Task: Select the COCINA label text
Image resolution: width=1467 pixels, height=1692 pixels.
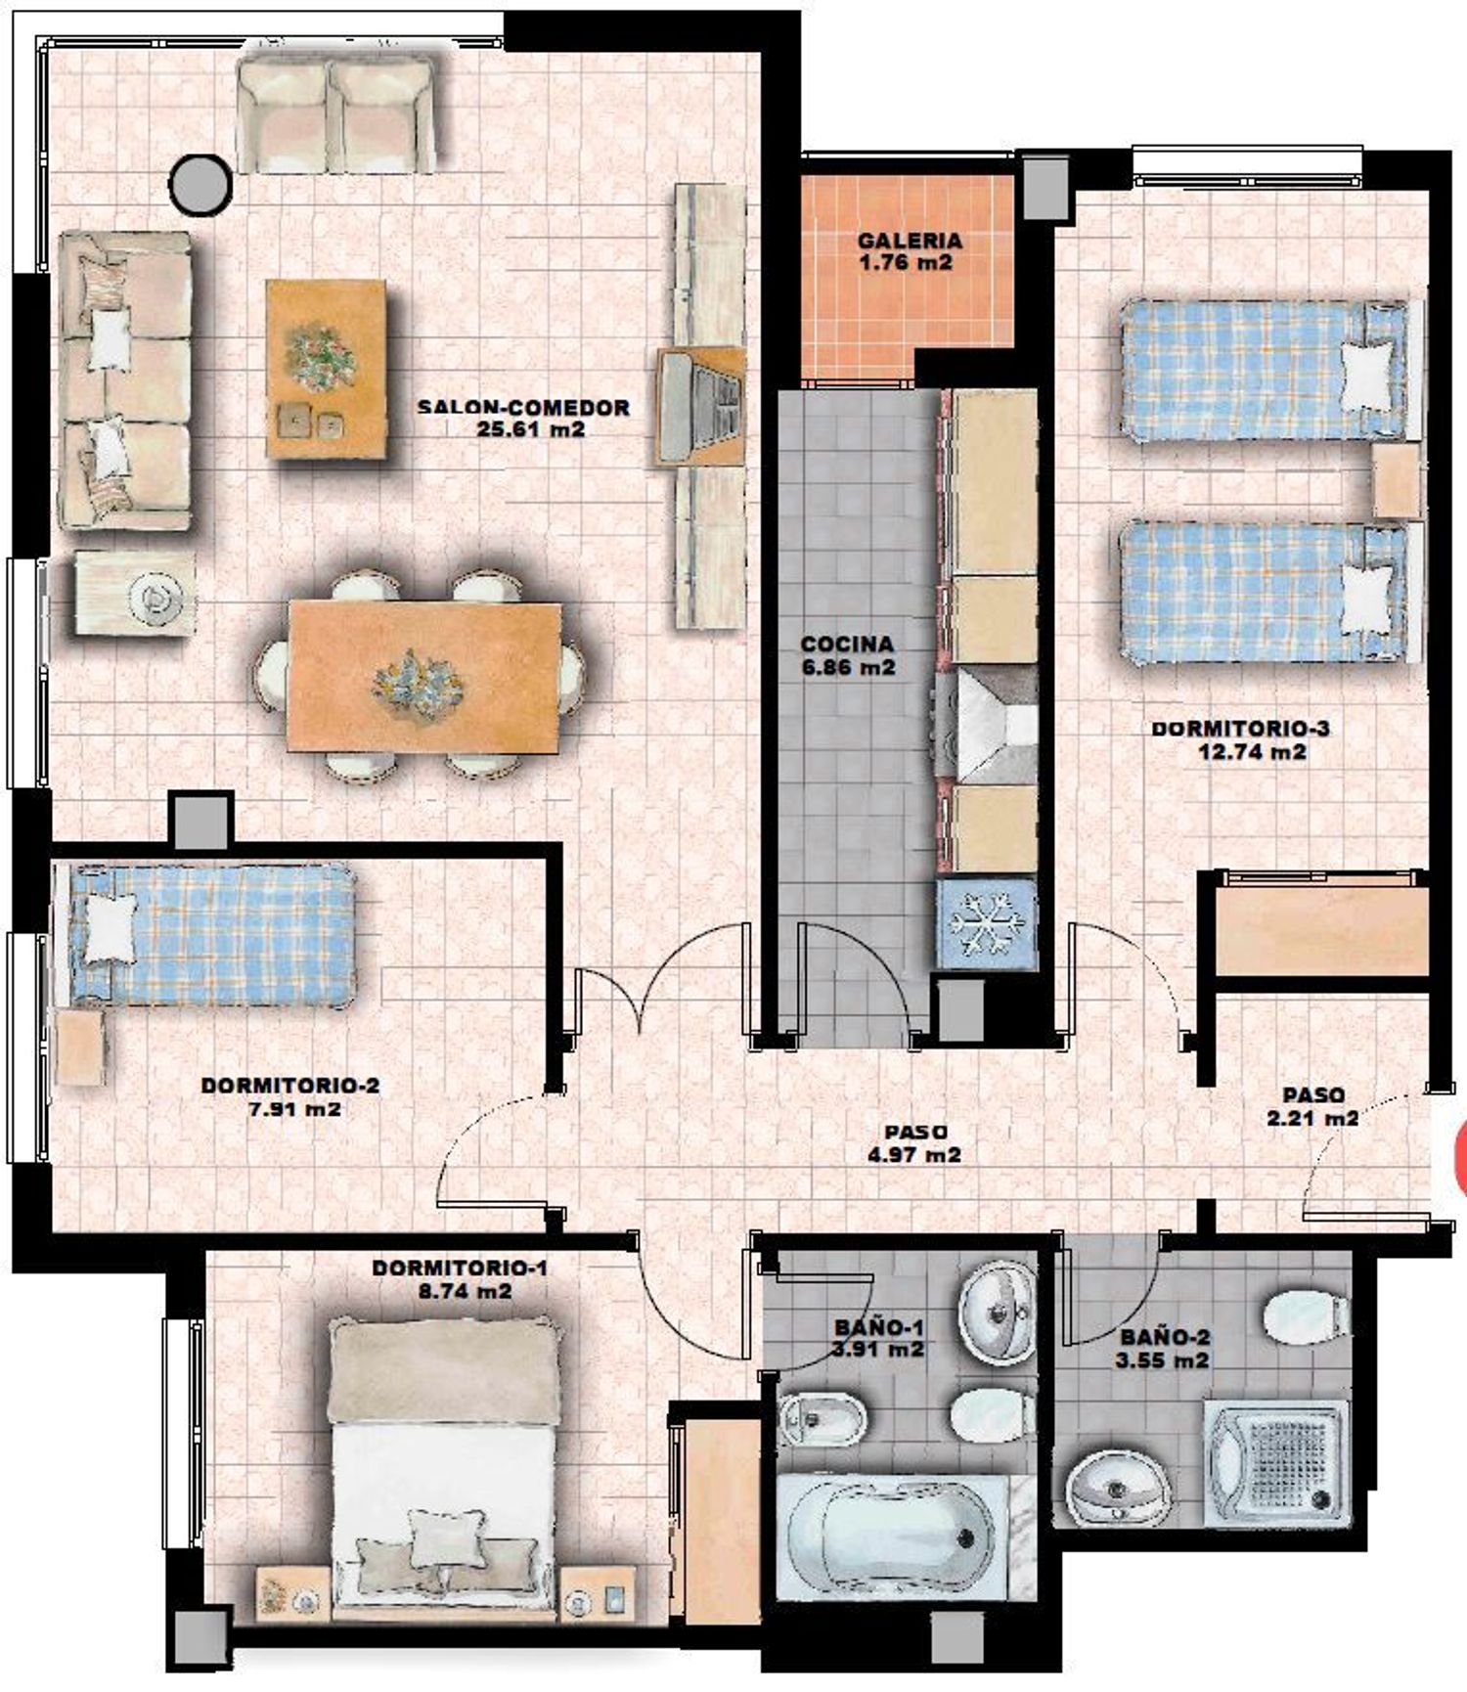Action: [x=847, y=645]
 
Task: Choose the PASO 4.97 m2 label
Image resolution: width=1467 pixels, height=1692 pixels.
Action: [x=915, y=1143]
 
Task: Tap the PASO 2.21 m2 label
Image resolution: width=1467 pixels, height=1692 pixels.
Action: [x=1312, y=1106]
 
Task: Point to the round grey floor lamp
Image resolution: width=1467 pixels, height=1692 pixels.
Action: [x=201, y=182]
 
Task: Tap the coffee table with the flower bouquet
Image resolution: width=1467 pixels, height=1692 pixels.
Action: [x=326, y=369]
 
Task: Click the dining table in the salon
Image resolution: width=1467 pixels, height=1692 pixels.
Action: [x=424, y=677]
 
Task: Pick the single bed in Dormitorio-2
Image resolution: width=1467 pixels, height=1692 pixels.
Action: [x=205, y=935]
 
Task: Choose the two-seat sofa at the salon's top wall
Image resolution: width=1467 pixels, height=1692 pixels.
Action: [x=335, y=113]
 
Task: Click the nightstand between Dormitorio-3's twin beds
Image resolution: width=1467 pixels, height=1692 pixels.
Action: [x=1397, y=480]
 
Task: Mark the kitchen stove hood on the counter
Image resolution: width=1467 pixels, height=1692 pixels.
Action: [x=989, y=725]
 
